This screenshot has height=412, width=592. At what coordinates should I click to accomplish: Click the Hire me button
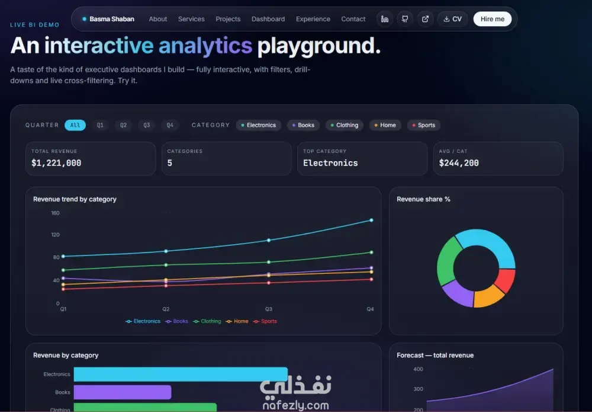[x=493, y=19]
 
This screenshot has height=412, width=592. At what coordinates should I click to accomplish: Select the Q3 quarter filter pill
[x=146, y=125]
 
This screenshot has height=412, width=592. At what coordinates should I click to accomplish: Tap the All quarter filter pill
[x=75, y=125]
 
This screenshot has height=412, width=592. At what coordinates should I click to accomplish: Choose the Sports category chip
[x=424, y=125]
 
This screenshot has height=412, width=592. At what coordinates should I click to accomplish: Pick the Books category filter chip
[x=303, y=125]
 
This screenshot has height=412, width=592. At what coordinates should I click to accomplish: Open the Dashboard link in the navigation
[x=268, y=19]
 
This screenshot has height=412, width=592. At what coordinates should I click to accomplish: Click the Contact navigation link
[x=353, y=19]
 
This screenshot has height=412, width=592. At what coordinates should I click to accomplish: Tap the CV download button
[x=452, y=19]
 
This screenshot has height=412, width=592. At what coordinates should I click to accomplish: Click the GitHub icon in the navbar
[x=405, y=19]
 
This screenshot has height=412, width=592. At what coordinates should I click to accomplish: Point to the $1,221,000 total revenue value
[x=56, y=163]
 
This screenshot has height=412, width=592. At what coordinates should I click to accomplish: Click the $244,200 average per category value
[x=459, y=163]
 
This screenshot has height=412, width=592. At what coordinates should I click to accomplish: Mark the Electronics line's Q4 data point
[x=372, y=220]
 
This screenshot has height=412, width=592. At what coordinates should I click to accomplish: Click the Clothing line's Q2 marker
[x=166, y=265]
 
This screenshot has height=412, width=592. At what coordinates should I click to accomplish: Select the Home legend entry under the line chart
[x=237, y=321]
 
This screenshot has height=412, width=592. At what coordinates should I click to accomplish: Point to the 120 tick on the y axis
[x=55, y=235]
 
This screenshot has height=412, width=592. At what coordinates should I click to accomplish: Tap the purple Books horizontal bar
[x=123, y=392]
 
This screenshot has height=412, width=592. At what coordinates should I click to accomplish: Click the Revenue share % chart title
[x=423, y=199]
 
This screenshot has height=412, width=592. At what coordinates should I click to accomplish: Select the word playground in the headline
[x=319, y=46]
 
